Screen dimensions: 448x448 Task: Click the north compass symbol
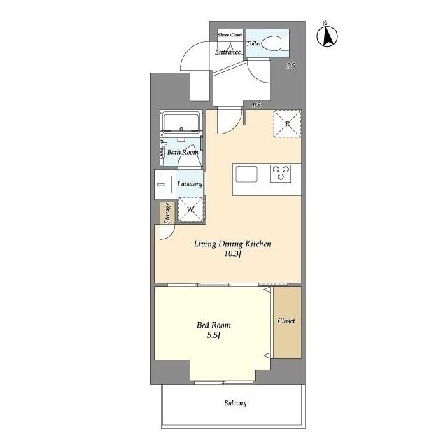pos(326,36)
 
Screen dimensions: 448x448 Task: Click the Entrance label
pos(228,51)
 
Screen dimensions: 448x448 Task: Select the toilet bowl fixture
pos(279,43)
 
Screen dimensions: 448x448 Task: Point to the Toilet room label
pos(253,43)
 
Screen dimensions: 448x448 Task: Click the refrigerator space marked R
pos(288,124)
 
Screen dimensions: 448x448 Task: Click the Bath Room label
pos(183,152)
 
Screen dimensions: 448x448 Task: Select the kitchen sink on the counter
pos(246,173)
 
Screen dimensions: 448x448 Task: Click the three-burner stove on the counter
pos(281,173)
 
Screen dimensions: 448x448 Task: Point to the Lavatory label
pos(190,184)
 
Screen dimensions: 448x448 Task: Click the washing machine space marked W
pos(190,209)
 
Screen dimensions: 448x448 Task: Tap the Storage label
pos(167,213)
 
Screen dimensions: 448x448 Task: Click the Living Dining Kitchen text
pos(232,244)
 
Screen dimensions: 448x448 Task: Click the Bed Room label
pos(213,325)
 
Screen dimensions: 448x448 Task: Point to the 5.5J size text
pos(213,336)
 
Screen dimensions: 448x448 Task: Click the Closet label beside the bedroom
pos(286,321)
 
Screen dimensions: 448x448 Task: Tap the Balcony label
pos(235,403)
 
